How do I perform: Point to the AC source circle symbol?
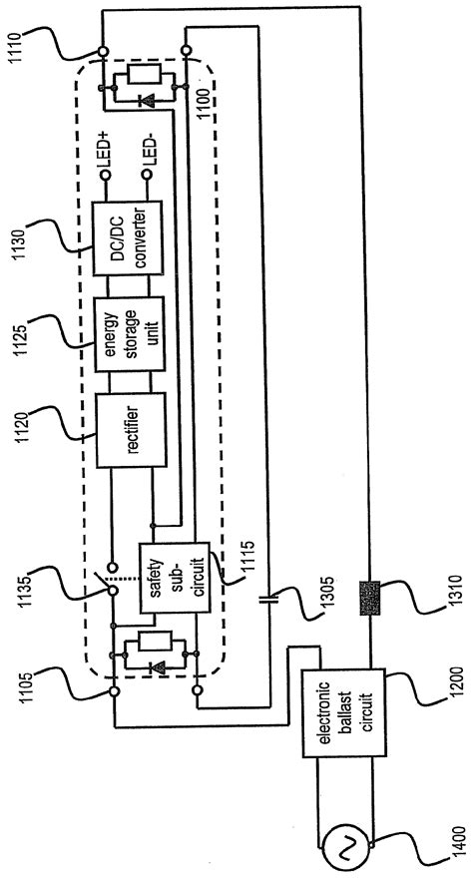click(x=337, y=849)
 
